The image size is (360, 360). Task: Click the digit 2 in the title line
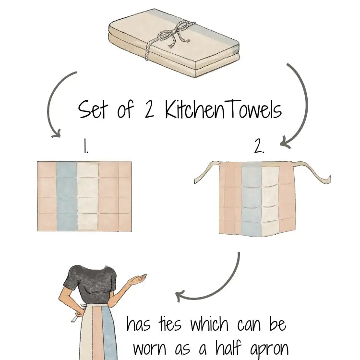tap(149, 109)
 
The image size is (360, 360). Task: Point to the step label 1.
tap(85, 146)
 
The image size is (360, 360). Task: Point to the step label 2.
tap(259, 146)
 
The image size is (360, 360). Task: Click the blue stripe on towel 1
tap(67, 196)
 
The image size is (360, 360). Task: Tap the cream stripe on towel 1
tap(88, 196)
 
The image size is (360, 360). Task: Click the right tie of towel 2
tap(312, 172)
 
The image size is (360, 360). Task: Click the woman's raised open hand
tap(138, 279)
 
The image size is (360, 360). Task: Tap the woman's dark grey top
tap(91, 285)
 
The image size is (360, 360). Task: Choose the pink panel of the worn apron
tap(97, 333)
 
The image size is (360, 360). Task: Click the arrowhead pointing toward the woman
tap(180, 296)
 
